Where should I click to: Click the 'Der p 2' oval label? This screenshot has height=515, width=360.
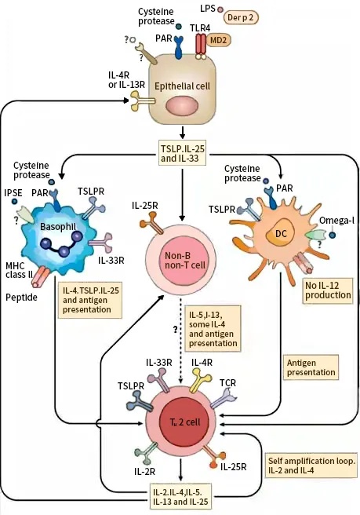click(x=241, y=17)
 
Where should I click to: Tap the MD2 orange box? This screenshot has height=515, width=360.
click(x=218, y=40)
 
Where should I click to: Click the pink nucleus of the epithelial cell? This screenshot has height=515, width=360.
click(x=183, y=107)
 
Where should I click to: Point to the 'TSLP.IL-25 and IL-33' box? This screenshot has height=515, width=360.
click(x=183, y=153)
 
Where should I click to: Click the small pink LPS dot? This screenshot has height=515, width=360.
click(x=220, y=10)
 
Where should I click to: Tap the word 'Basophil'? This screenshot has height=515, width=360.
click(x=58, y=226)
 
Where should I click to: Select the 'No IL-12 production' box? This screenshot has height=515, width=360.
click(x=328, y=290)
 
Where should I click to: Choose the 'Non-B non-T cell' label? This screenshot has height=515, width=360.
click(x=185, y=260)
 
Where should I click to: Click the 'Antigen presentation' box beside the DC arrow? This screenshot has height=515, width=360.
click(x=311, y=367)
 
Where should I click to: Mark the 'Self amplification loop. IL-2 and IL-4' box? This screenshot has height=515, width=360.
click(x=311, y=466)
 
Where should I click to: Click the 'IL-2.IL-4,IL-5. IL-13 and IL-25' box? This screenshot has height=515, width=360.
click(x=180, y=497)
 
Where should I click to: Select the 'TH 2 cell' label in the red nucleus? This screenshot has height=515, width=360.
click(x=185, y=422)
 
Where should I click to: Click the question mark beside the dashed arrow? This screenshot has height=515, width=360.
click(x=175, y=329)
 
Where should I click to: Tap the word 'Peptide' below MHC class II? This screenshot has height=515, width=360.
click(x=22, y=298)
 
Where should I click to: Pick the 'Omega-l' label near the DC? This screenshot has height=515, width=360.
click(x=336, y=220)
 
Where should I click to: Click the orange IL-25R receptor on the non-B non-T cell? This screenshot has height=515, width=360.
click(x=151, y=222)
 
